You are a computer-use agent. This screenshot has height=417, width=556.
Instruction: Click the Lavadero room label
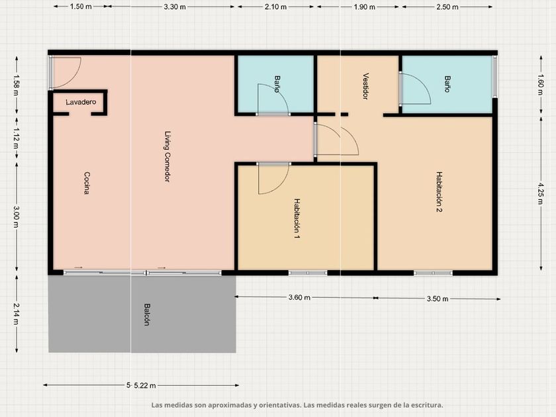[81, 102]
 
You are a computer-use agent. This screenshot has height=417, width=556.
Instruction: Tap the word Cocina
[87, 183]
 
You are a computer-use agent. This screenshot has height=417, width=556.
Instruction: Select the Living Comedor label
[167, 157]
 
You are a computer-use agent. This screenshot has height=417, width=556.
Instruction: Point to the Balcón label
[147, 314]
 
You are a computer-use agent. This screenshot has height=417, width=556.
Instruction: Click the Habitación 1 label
[297, 218]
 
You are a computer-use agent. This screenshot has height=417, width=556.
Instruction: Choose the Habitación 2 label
[440, 192]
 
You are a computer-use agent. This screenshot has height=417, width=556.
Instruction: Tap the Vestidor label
[365, 86]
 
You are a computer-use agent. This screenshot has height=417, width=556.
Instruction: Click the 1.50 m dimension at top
[81, 7]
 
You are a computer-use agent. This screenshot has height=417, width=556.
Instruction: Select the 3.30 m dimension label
[175, 7]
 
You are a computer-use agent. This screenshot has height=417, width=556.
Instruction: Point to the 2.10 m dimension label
[275, 7]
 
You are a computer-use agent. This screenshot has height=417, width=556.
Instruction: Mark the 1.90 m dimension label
[364, 7]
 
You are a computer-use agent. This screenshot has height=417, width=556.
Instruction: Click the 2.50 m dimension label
[447, 7]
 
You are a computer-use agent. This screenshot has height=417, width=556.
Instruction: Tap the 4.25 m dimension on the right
[540, 193]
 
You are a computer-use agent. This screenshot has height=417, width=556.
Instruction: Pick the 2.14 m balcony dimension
[17, 314]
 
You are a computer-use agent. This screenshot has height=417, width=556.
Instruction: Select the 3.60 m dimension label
[299, 297]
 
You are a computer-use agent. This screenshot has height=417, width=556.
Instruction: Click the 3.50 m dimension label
[438, 299]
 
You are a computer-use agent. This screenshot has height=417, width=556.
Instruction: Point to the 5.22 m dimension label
[145, 385]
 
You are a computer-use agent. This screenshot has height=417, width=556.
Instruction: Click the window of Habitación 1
[308, 273]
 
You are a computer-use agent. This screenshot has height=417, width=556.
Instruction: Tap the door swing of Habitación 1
[274, 179]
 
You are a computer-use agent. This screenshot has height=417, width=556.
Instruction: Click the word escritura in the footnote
[426, 405]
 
